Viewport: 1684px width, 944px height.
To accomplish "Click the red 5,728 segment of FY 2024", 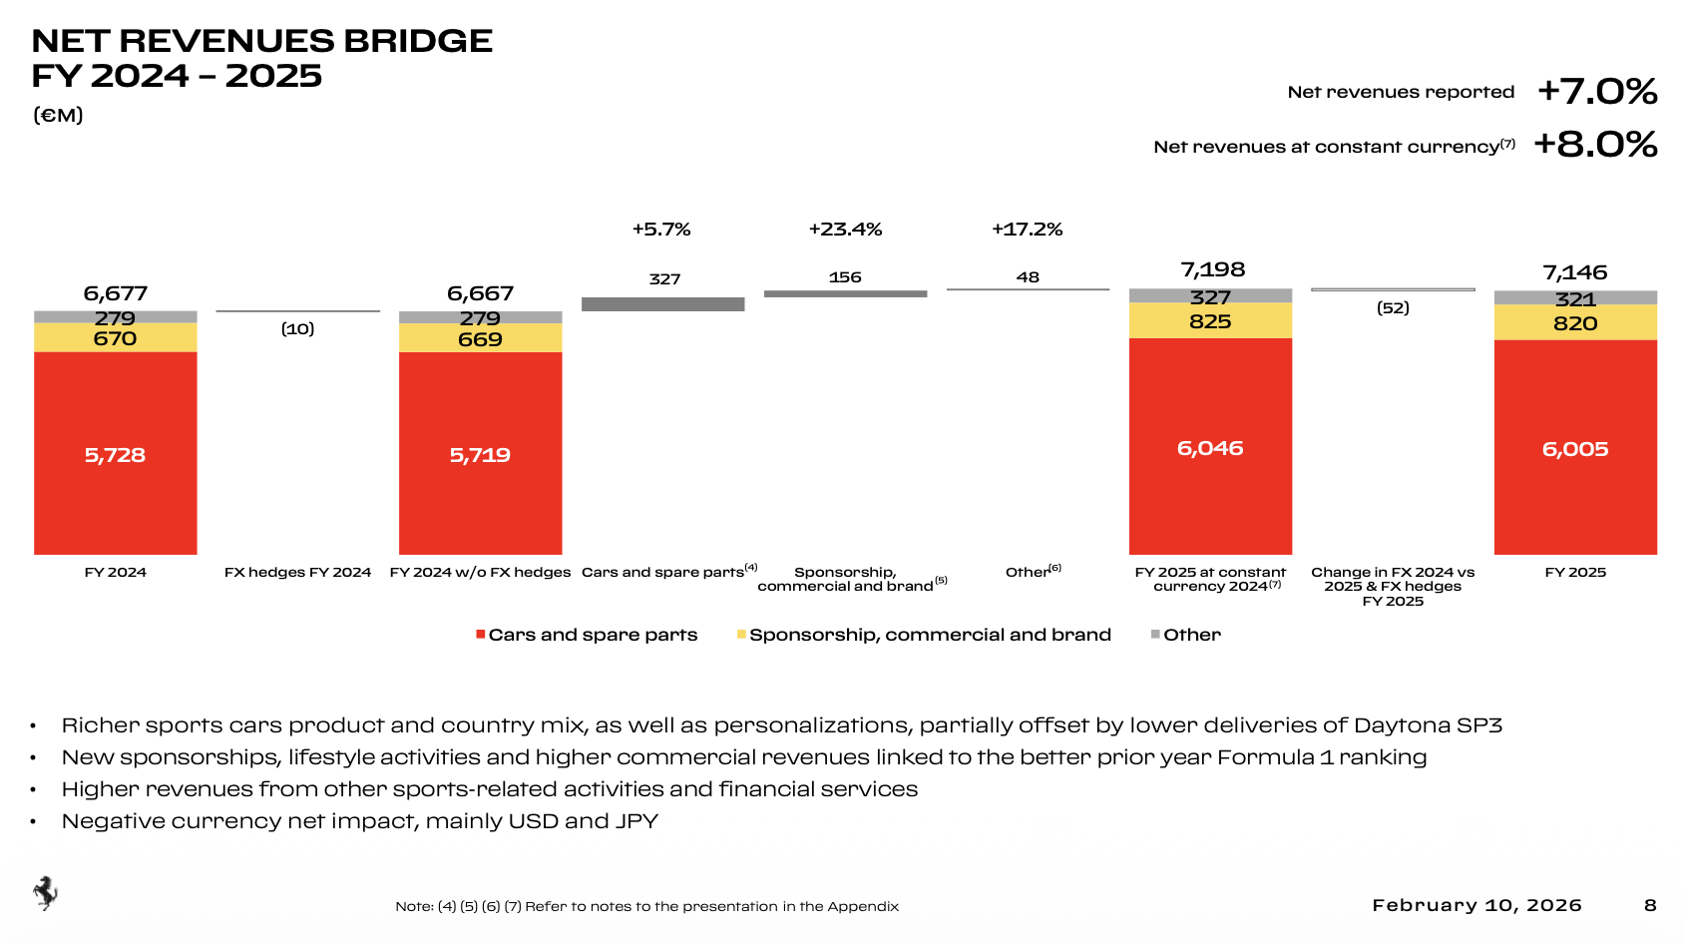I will [115, 454].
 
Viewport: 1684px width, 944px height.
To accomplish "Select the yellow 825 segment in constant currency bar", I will [1210, 321].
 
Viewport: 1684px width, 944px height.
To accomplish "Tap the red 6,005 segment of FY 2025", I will [1575, 448].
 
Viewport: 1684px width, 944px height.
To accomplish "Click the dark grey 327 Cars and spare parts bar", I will [662, 304].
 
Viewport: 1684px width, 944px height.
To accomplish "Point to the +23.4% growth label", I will [845, 230].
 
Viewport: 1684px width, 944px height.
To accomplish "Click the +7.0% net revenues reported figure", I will [1597, 92].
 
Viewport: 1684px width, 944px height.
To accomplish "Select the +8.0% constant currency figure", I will [1595, 145].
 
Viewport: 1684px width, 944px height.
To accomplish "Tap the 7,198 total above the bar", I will [1212, 269].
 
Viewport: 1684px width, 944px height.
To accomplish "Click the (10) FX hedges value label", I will [297, 328].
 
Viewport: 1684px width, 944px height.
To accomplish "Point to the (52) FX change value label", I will [1393, 307].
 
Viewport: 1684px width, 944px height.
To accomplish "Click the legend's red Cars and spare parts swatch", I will [481, 635].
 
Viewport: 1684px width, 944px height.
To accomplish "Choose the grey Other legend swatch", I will [1155, 635].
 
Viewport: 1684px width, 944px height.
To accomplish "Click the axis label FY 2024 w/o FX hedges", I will [480, 572].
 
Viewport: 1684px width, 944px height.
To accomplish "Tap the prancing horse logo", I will [45, 893].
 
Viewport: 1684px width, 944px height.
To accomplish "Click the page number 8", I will [1650, 905].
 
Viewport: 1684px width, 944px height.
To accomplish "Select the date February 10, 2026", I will [1476, 905].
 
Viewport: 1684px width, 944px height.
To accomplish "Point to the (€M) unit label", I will [58, 115].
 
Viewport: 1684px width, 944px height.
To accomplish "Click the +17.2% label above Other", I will [1027, 230].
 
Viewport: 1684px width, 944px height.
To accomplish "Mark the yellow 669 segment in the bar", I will [480, 339].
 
